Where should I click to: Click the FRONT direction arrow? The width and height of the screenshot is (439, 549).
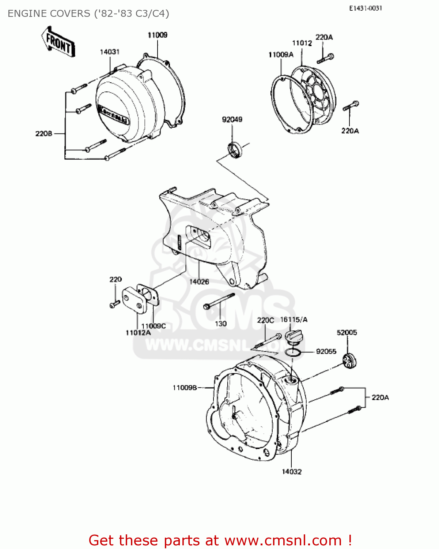[x=58, y=41]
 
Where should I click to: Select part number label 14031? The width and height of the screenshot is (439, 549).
[x=110, y=52]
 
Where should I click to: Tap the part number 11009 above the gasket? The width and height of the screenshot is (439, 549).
[x=158, y=35]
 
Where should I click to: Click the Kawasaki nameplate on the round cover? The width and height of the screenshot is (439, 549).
[x=113, y=114]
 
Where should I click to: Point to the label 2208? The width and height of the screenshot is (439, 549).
[x=43, y=134]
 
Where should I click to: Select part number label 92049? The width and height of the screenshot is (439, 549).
[x=232, y=120]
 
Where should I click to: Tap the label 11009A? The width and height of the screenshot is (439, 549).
[x=281, y=55]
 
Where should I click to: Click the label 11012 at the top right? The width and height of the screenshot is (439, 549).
[x=302, y=43]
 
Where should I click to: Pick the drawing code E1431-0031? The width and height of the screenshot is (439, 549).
[x=366, y=8]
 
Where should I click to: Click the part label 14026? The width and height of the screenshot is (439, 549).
[x=199, y=282]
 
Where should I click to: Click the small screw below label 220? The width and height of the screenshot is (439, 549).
[x=115, y=304]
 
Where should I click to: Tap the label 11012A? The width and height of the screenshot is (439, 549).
[x=138, y=333]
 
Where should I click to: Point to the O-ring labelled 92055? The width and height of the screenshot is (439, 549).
[x=293, y=352]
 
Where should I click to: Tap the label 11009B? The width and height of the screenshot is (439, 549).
[x=185, y=388]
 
